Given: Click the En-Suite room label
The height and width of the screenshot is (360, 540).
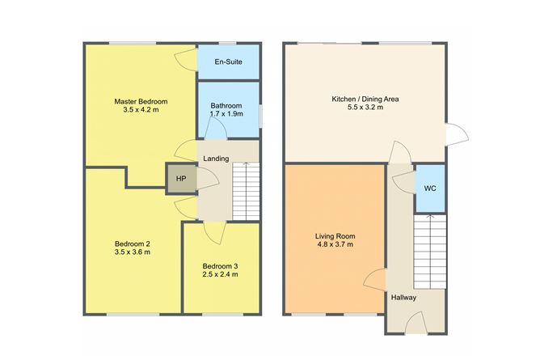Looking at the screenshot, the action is (x=228, y=62).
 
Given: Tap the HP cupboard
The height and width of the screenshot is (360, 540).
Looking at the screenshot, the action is (x=181, y=179).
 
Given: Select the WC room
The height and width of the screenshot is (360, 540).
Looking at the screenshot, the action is (x=430, y=188).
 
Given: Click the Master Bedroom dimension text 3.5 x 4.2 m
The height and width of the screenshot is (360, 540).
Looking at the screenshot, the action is (x=141, y=110).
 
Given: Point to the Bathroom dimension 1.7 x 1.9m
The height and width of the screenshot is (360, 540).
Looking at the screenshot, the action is (x=226, y=114).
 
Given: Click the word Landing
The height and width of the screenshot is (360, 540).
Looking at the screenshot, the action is (x=216, y=159).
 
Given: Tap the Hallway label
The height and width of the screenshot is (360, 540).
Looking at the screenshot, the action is (x=403, y=297).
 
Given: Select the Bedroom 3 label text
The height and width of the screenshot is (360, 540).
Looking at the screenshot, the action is (x=220, y=266).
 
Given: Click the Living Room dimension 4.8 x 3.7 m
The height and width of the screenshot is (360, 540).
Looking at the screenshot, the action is (x=335, y=244).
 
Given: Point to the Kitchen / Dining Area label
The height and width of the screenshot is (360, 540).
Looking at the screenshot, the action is (x=365, y=100).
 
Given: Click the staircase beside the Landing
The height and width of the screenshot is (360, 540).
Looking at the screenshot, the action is (x=246, y=191).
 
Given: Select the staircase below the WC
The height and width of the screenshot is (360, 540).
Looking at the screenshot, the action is (x=430, y=252).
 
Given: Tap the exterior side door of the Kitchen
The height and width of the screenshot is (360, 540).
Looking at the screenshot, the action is (x=457, y=134).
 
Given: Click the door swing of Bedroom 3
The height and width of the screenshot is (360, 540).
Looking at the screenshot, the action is (x=215, y=233).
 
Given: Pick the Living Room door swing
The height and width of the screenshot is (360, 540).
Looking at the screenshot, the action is (x=374, y=280).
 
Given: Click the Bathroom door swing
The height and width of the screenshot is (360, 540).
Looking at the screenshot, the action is (x=216, y=128).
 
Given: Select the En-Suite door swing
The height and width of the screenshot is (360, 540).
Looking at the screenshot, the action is (x=186, y=60).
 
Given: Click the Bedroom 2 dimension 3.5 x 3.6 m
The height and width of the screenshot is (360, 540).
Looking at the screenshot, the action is (x=133, y=252).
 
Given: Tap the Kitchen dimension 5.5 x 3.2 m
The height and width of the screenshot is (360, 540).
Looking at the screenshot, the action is (x=365, y=108).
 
